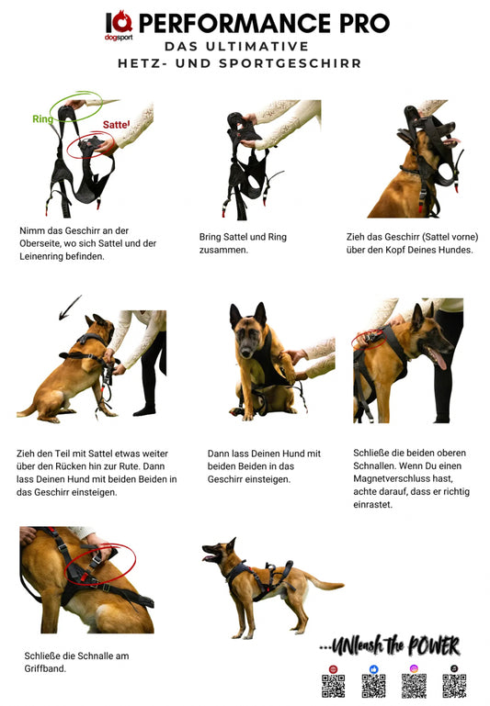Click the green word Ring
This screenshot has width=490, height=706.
(x=43, y=118)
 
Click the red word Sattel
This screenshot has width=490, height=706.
(x=116, y=125)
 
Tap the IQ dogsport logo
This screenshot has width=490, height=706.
(x=119, y=26)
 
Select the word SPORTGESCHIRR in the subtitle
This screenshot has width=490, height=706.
(x=291, y=63)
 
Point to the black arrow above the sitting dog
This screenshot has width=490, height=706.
(x=70, y=308)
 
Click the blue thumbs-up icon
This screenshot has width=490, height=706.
(x=373, y=669)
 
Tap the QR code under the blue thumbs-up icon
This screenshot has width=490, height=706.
(x=373, y=686)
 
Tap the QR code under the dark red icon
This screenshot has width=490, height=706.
(x=334, y=686)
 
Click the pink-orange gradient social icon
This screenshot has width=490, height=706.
(x=414, y=668)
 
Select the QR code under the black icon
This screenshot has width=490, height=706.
(x=454, y=686)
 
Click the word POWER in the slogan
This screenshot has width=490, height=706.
(x=434, y=646)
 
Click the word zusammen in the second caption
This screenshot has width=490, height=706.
(x=222, y=250)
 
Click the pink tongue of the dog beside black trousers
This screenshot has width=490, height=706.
(x=439, y=359)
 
